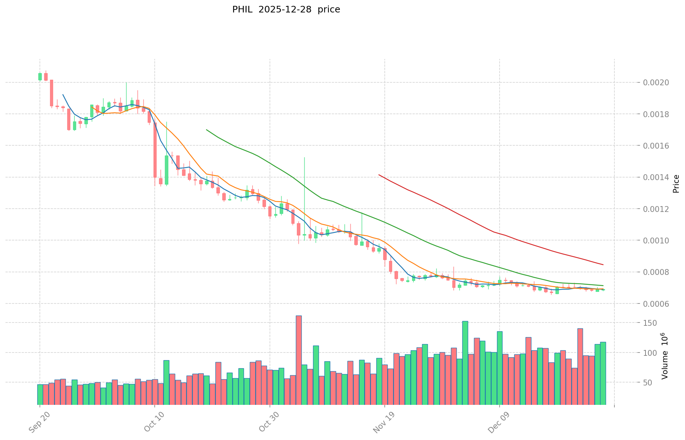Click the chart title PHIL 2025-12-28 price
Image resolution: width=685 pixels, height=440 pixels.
286,10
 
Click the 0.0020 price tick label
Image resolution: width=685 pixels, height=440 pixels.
656,83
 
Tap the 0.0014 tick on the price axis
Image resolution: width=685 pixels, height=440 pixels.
656,178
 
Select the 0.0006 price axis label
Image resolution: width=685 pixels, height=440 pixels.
656,304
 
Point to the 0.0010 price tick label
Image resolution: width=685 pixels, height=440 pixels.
656,240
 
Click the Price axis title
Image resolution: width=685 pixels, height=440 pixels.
676,184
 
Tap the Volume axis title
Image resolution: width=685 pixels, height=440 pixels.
665,356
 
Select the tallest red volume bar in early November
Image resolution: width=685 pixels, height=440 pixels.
298,360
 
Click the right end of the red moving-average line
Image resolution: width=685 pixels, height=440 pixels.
603,265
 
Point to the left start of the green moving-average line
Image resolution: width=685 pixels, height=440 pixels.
207,130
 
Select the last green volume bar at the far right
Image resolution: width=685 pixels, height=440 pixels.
603,373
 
